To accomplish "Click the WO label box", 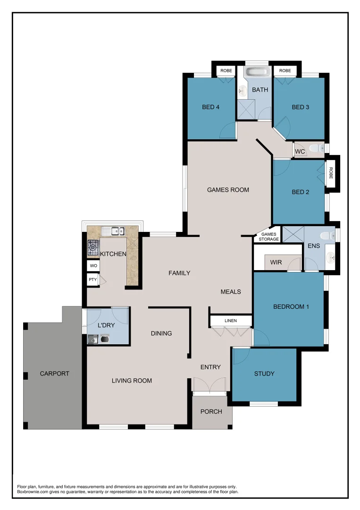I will pyautogui.click(x=93, y=266).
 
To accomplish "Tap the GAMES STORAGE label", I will pyautogui.click(x=269, y=237).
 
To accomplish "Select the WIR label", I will pyautogui.click(x=276, y=262).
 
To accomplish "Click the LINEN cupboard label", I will pyautogui.click(x=231, y=321).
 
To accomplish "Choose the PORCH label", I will pyautogui.click(x=211, y=412).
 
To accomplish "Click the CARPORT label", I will pyautogui.click(x=54, y=374).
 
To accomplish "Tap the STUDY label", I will pyautogui.click(x=264, y=374).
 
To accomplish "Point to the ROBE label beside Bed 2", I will pyautogui.click(x=331, y=173).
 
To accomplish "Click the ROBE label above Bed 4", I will pyautogui.click(x=226, y=71).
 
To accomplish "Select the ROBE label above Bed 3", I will pyautogui.click(x=285, y=71).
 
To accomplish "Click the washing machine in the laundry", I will pyautogui.click(x=104, y=338).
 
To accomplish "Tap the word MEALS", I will pyautogui.click(x=231, y=292).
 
